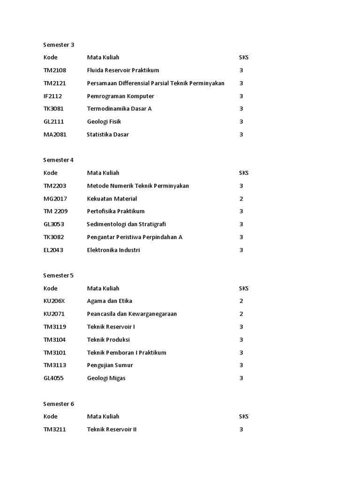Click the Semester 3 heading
pyautogui.click(x=59, y=45)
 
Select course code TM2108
pyautogui.click(x=55, y=70)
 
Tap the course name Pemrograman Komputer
pyautogui.click(x=120, y=96)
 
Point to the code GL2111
pyautogui.click(x=54, y=121)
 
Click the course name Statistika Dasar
pyautogui.click(x=108, y=135)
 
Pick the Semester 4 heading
pyautogui.click(x=59, y=160)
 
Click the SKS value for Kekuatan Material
pyautogui.click(x=241, y=199)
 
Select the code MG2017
pyautogui.click(x=55, y=199)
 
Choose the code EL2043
pyautogui.click(x=53, y=250)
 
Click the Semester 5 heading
pyautogui.click(x=59, y=275)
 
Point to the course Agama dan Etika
pyautogui.click(x=109, y=301)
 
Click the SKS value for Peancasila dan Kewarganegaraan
pyautogui.click(x=241, y=314)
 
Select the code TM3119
pyautogui.click(x=54, y=327)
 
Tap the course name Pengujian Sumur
pyautogui.click(x=110, y=365)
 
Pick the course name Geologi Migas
pyautogui.click(x=106, y=378)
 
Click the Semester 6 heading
pyautogui.click(x=59, y=404)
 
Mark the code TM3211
pyautogui.click(x=54, y=429)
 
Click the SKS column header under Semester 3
pyautogui.click(x=244, y=58)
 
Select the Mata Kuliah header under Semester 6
pyautogui.click(x=103, y=416)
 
